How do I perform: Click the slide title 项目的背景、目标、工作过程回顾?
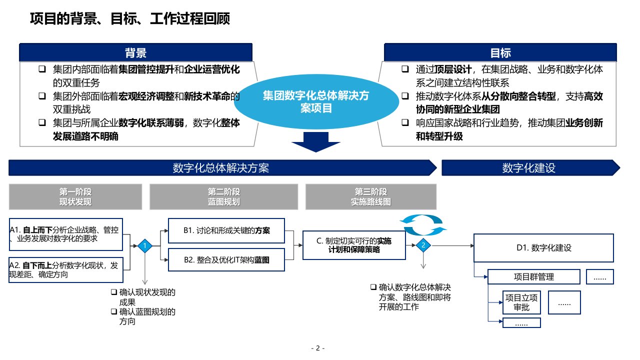tap(130, 19)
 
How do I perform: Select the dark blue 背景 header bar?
tap(135, 52)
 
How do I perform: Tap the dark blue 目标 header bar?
tap(500, 52)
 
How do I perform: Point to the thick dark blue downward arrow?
tap(316, 143)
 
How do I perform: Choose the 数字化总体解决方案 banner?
tap(221, 168)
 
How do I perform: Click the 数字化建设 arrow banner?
tap(529, 168)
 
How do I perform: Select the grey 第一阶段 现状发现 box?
tap(75, 196)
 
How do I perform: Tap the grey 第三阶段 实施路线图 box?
tap(370, 196)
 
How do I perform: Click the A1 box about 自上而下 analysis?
tap(66, 234)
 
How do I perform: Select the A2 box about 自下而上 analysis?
tap(66, 270)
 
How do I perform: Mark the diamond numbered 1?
tap(144, 245)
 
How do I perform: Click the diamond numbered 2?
tap(423, 245)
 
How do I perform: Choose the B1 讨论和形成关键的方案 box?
tap(226, 231)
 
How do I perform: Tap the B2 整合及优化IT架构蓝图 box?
tap(226, 260)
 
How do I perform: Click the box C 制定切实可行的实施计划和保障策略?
tap(354, 245)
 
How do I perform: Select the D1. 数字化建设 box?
tap(543, 247)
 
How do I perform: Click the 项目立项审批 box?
tap(522, 302)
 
